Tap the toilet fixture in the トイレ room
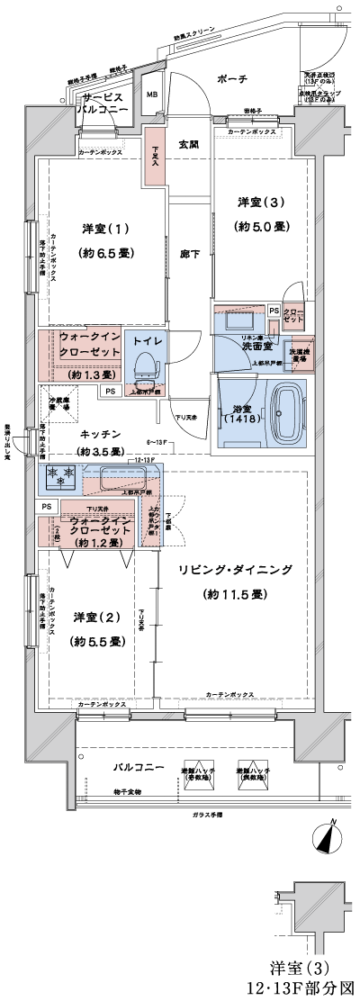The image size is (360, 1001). [144, 363]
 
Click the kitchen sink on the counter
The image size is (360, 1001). [116, 479]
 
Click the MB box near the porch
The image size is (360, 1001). [152, 94]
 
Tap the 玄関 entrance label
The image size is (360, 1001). [189, 144]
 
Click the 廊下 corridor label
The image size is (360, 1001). [189, 254]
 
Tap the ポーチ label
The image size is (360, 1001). [231, 80]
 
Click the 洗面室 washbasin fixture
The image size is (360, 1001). [238, 321]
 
